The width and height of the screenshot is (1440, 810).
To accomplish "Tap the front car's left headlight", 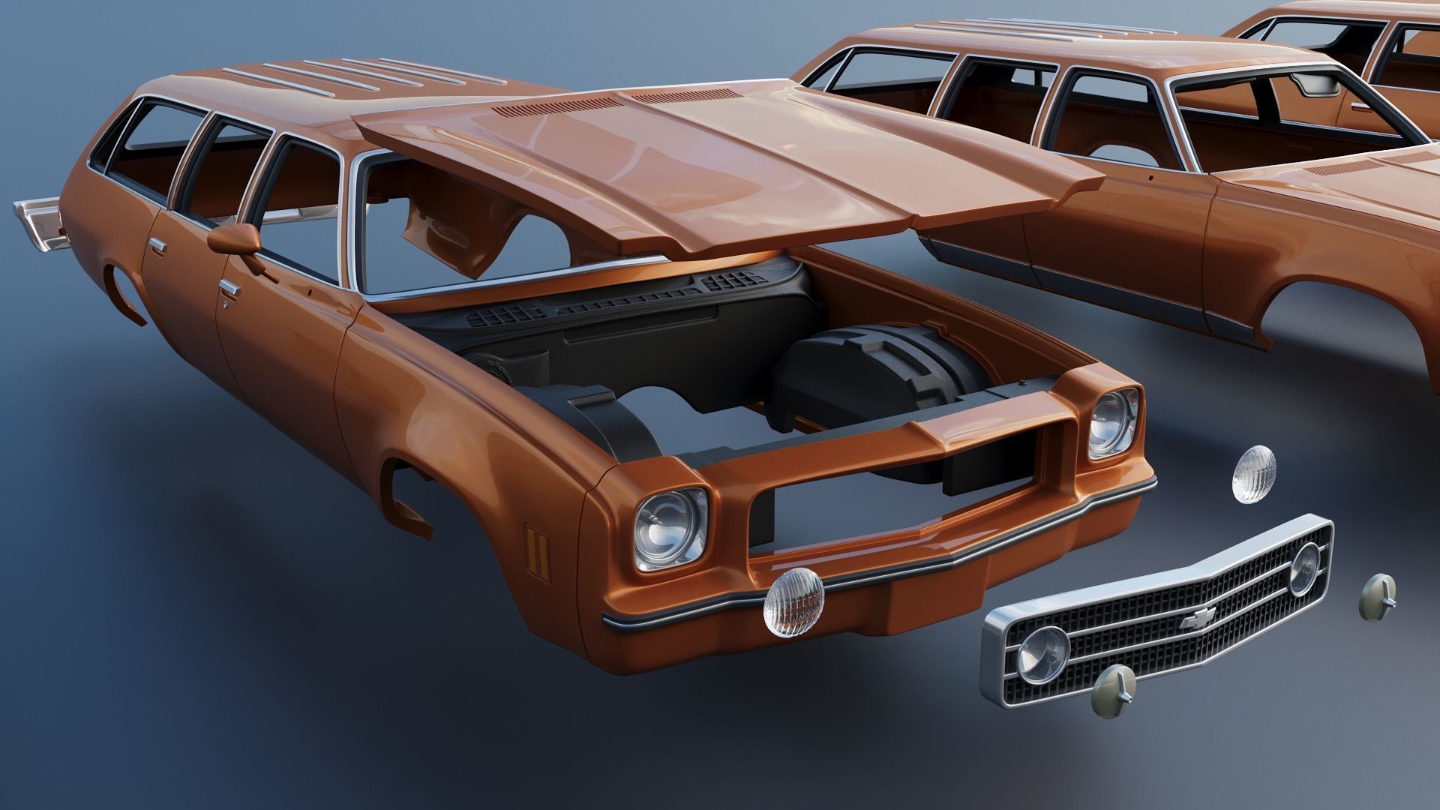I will (670, 529).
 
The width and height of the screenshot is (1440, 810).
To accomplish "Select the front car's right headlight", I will (1114, 424).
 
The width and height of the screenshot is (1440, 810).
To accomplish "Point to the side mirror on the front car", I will (235, 238).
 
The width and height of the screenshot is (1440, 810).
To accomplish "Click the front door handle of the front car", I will (229, 288).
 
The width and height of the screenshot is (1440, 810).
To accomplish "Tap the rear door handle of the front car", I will (158, 246).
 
